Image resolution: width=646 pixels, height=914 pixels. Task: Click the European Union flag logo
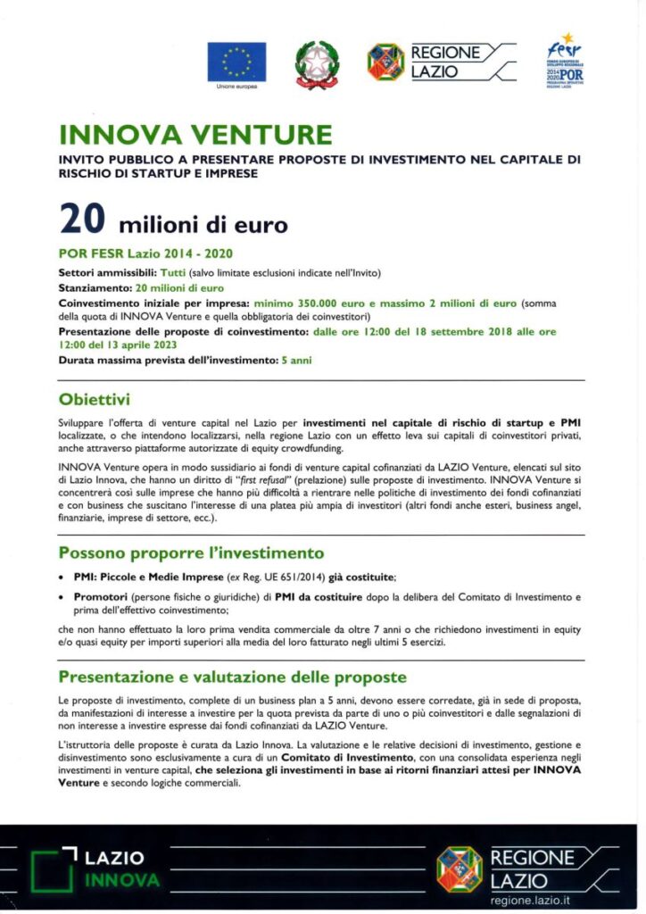[236, 62]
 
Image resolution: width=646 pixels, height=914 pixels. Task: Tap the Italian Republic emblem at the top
[317, 63]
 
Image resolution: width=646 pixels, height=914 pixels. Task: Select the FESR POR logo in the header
[565, 60]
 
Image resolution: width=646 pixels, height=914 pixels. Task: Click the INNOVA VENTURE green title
[195, 136]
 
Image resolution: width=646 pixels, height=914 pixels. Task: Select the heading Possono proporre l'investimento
[191, 553]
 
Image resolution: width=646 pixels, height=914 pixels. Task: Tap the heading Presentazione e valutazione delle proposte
[232, 677]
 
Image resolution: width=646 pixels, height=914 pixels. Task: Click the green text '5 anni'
[296, 360]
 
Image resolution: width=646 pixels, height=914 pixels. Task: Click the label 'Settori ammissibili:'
[107, 274]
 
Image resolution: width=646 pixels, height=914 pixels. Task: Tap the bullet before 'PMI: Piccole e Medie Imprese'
[62, 577]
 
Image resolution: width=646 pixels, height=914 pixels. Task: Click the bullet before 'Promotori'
[62, 595]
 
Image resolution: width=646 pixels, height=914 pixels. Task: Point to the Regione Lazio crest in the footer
[460, 868]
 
